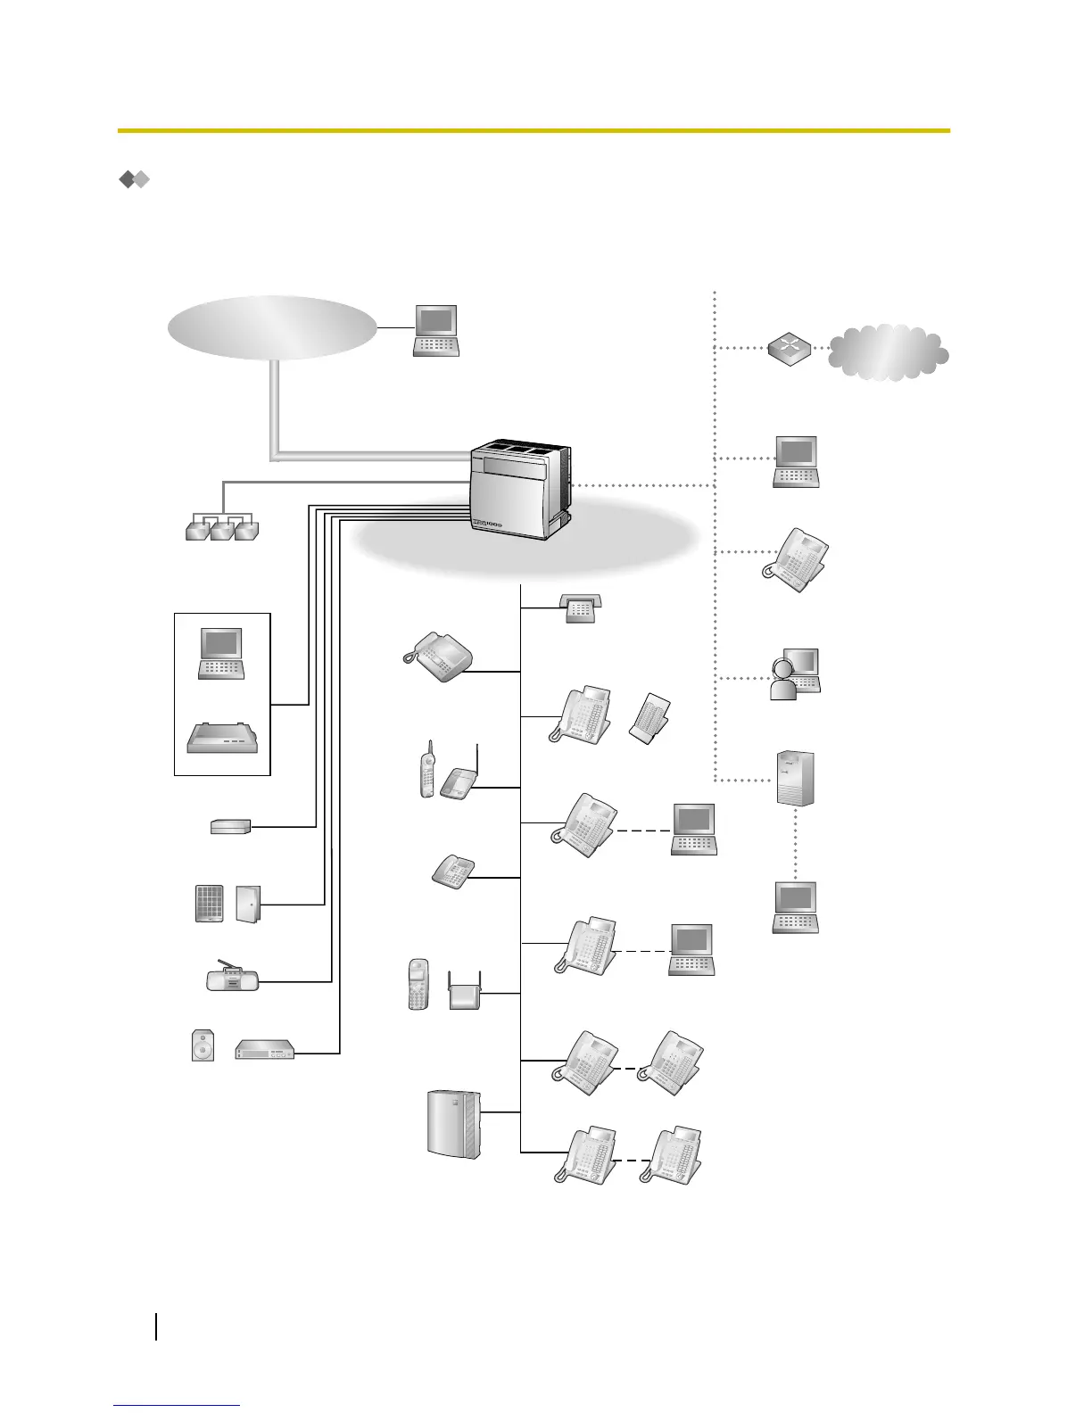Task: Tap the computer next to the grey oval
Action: (436, 331)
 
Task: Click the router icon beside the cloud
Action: (790, 350)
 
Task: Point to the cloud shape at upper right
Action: (888, 351)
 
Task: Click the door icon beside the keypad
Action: (248, 904)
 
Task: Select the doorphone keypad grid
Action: (210, 904)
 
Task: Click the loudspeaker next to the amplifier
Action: (203, 1045)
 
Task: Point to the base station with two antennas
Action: (465, 990)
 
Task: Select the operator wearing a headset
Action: (794, 675)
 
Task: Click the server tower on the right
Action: (795, 779)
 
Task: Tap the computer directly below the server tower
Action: (795, 907)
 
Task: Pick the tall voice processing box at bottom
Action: (454, 1124)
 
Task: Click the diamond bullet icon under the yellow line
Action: (134, 180)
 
